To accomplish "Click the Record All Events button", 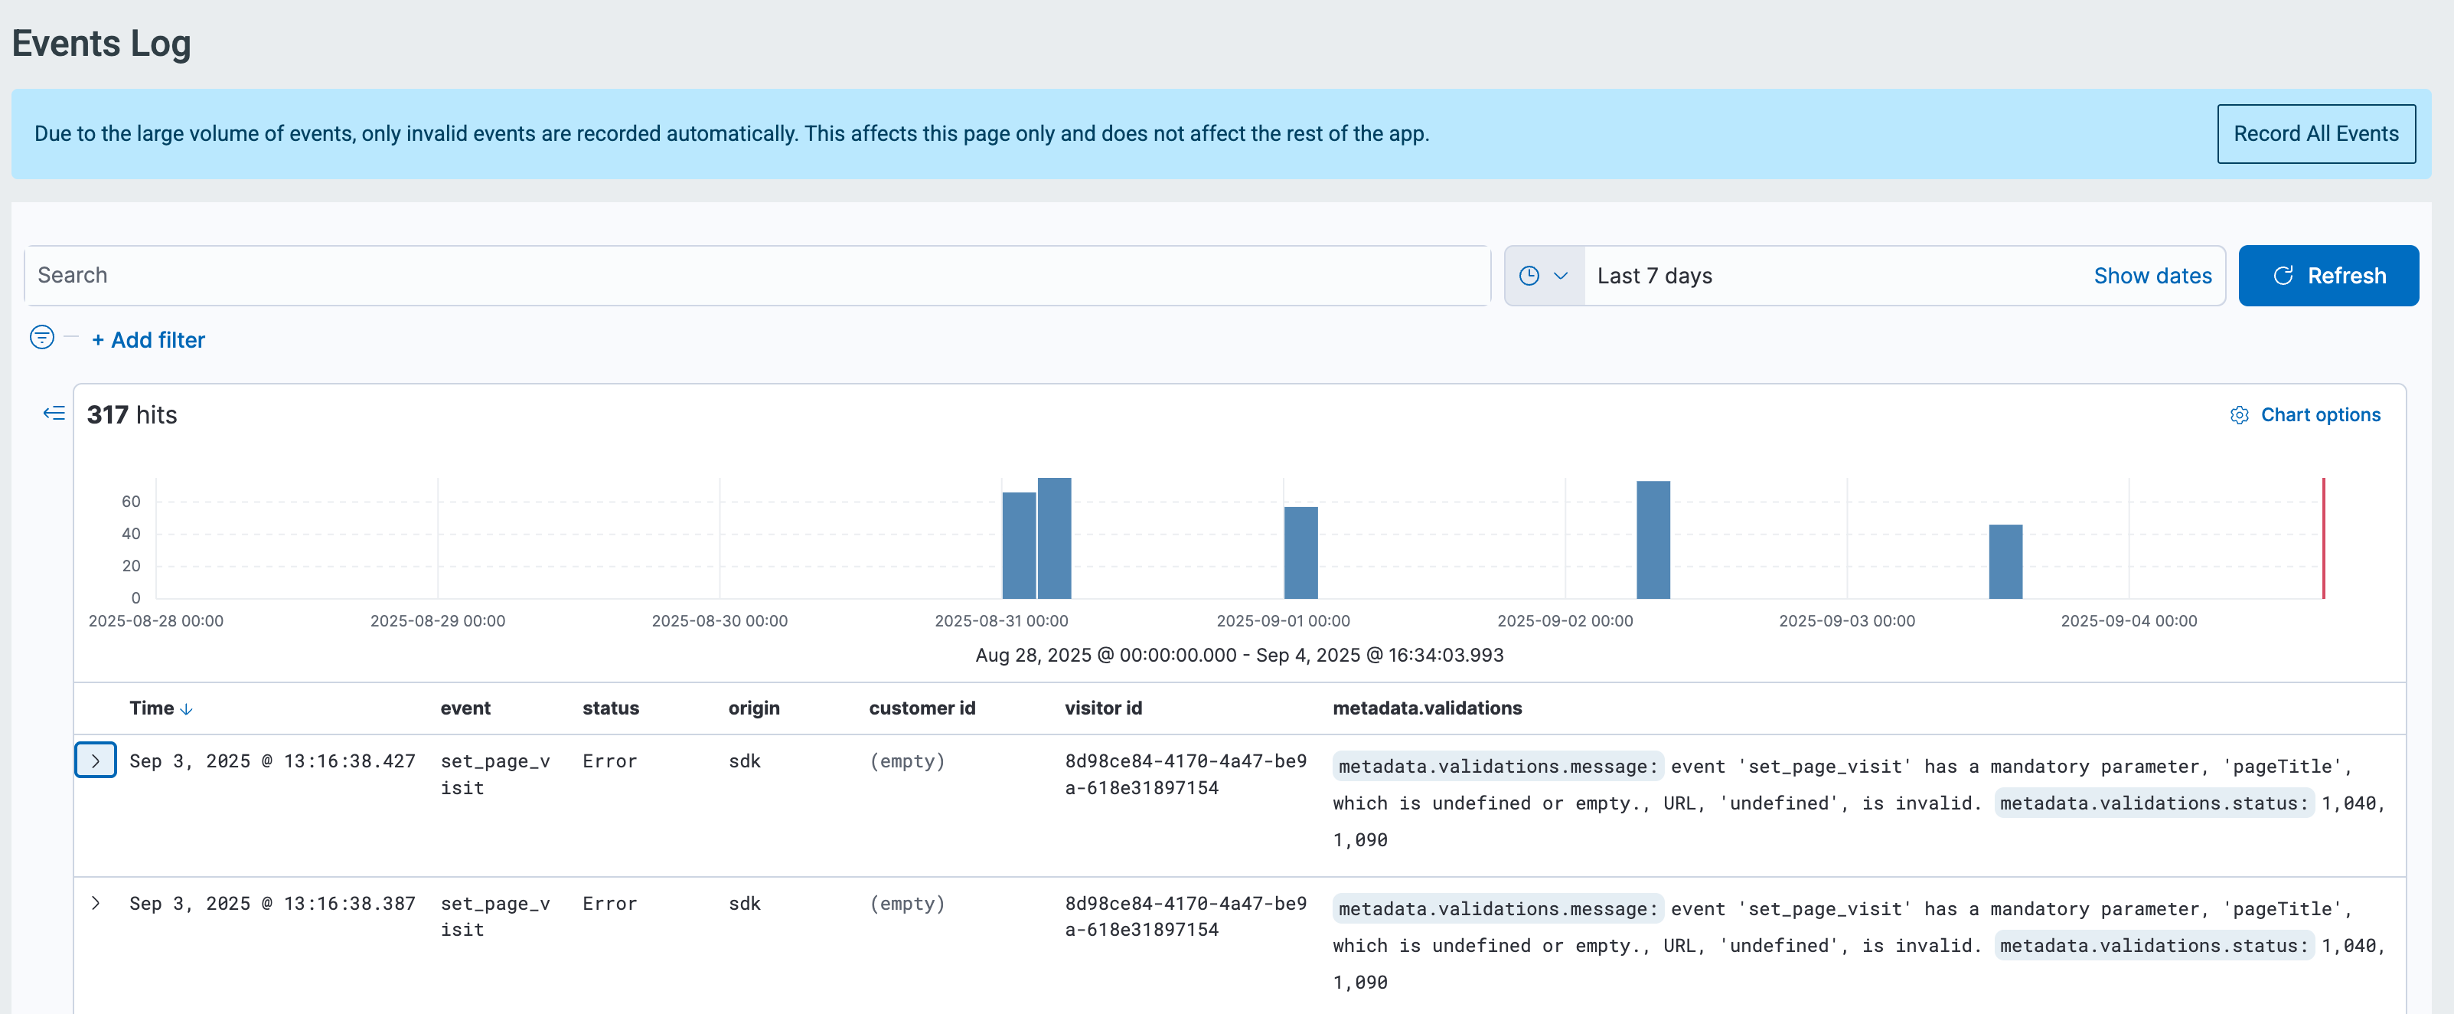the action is click(x=2316, y=133).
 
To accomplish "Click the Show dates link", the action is click(x=2152, y=276).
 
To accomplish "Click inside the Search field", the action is click(x=756, y=276).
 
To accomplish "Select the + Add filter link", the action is click(x=148, y=340).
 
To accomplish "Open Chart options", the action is click(x=2306, y=414).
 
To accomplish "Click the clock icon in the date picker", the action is click(x=1529, y=276).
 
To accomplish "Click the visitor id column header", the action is click(x=1103, y=708).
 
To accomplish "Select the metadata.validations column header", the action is click(x=1427, y=708).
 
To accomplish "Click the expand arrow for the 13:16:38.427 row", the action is click(x=95, y=760).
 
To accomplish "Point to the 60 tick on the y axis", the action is click(x=131, y=502).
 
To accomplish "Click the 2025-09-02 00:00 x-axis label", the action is click(x=1565, y=620).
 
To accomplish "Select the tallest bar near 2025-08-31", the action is click(x=1055, y=538).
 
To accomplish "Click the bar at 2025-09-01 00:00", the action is click(x=1301, y=553).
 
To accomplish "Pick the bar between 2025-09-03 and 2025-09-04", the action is click(x=2005, y=561).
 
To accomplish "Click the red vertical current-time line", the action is click(x=2323, y=538).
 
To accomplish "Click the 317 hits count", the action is click(x=132, y=414).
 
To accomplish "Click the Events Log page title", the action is click(x=101, y=44).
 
